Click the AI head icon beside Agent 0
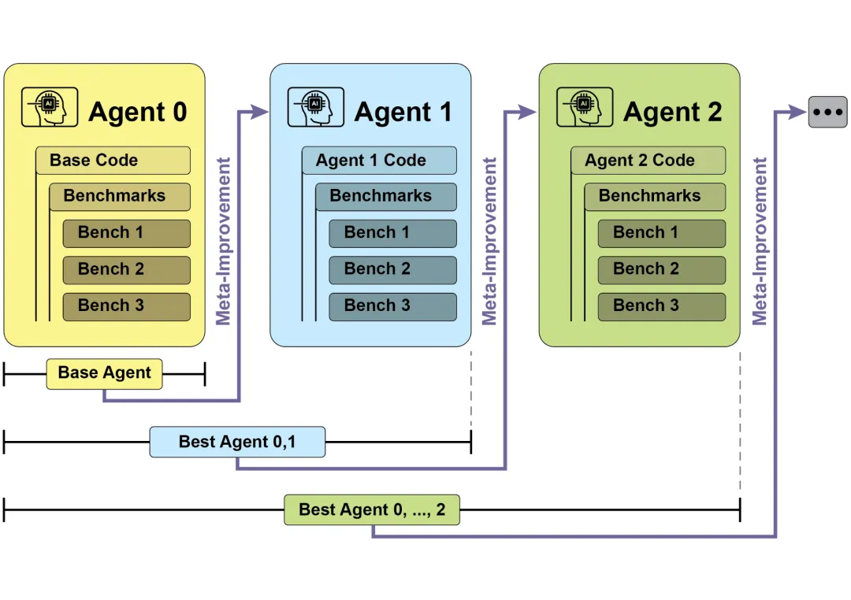(x=50, y=108)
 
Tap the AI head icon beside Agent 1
(x=315, y=108)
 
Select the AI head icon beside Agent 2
(x=584, y=108)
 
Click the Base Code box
(x=113, y=161)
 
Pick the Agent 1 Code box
(x=379, y=161)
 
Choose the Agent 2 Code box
(x=648, y=161)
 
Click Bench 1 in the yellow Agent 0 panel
(x=126, y=233)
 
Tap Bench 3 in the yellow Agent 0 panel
(x=126, y=306)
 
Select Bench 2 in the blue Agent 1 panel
(x=392, y=269)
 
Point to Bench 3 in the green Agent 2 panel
(x=661, y=306)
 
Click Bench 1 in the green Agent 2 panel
(x=661, y=233)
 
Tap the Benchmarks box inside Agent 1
(x=386, y=196)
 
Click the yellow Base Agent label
(x=104, y=373)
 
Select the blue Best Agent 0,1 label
(x=237, y=442)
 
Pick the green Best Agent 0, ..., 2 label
(x=372, y=510)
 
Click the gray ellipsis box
(x=827, y=113)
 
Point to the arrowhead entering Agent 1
(x=259, y=113)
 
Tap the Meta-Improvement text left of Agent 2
(x=490, y=241)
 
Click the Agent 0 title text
(x=138, y=113)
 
